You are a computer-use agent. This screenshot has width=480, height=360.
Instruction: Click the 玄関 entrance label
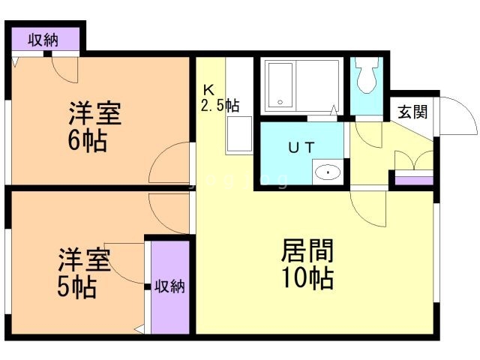[x=412, y=112]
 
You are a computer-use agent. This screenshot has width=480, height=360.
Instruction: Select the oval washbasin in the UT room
[x=328, y=172]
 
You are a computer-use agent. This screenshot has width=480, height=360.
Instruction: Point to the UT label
[x=301, y=148]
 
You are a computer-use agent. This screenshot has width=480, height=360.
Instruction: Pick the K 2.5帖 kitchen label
[x=220, y=98]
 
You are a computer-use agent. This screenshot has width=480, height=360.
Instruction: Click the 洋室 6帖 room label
[x=94, y=127]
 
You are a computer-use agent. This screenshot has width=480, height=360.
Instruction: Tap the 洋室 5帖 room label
[x=84, y=273]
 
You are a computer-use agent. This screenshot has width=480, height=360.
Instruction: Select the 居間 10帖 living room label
[x=307, y=264]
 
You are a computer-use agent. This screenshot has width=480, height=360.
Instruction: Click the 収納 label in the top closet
[x=43, y=40]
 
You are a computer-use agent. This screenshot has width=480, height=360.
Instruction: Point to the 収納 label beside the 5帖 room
[x=169, y=286]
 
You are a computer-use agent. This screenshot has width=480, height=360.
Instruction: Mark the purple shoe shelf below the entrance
[x=414, y=181]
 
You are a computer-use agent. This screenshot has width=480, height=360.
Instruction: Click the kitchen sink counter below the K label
[x=239, y=135]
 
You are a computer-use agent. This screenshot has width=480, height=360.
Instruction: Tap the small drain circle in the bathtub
[x=280, y=102]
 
